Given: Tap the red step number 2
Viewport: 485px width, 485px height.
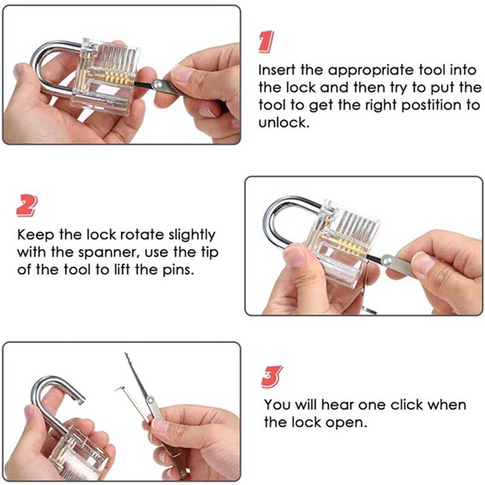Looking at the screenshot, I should tap(26, 206).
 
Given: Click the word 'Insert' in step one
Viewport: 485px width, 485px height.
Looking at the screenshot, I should tap(277, 70).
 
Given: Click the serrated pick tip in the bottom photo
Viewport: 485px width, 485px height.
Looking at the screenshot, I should tap(134, 370).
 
